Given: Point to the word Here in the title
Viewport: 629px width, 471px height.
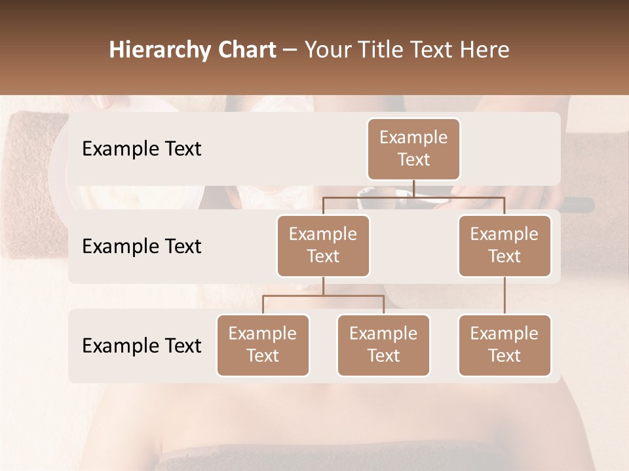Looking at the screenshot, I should click(x=484, y=50).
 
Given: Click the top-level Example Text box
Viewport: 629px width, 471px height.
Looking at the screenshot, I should click(x=413, y=149).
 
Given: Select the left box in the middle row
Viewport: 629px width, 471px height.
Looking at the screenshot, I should click(x=323, y=245).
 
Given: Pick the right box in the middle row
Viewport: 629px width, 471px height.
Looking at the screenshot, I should click(x=505, y=245).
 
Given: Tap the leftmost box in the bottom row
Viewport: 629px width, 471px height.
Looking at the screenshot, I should click(x=263, y=345).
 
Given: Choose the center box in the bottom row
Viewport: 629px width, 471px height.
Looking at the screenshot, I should click(x=383, y=345).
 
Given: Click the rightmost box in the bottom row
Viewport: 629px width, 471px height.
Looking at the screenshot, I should click(x=505, y=345).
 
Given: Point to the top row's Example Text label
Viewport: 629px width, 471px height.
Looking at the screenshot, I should click(x=142, y=149).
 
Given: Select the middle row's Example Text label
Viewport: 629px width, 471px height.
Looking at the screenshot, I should click(x=142, y=247).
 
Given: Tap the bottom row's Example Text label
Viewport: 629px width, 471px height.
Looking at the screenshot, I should click(x=142, y=345).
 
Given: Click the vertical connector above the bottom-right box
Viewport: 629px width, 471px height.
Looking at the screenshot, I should click(x=505, y=296).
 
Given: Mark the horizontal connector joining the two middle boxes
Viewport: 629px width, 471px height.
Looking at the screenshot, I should click(x=413, y=197).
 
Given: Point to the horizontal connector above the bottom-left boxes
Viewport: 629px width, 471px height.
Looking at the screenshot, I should click(x=323, y=296).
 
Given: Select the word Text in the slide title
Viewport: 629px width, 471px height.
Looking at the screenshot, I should click(x=429, y=50).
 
